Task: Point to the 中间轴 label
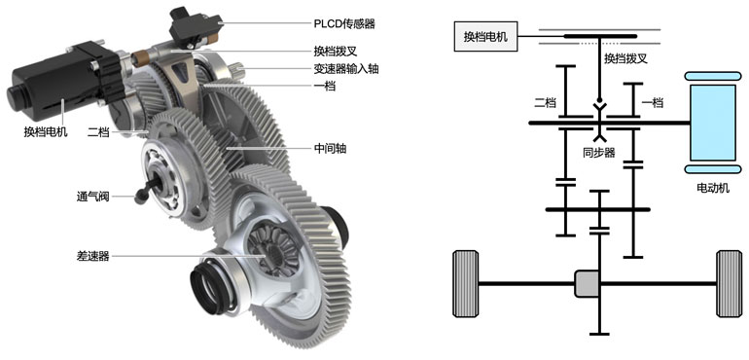coord(330,149)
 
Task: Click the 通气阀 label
coord(93,196)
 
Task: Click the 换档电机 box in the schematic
coord(484,37)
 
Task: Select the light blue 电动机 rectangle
coord(713,123)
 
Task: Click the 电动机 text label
coord(713,189)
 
